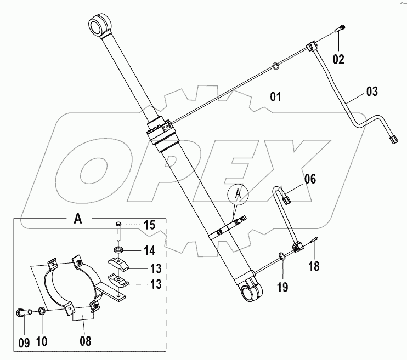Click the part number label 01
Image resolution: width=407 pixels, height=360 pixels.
point(275,97)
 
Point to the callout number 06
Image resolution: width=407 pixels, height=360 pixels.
point(311,179)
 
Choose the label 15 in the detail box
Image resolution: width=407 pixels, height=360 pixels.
point(149,224)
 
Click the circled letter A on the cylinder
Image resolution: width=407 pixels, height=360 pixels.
point(238,193)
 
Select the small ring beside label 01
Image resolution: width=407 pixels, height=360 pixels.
point(275,67)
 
